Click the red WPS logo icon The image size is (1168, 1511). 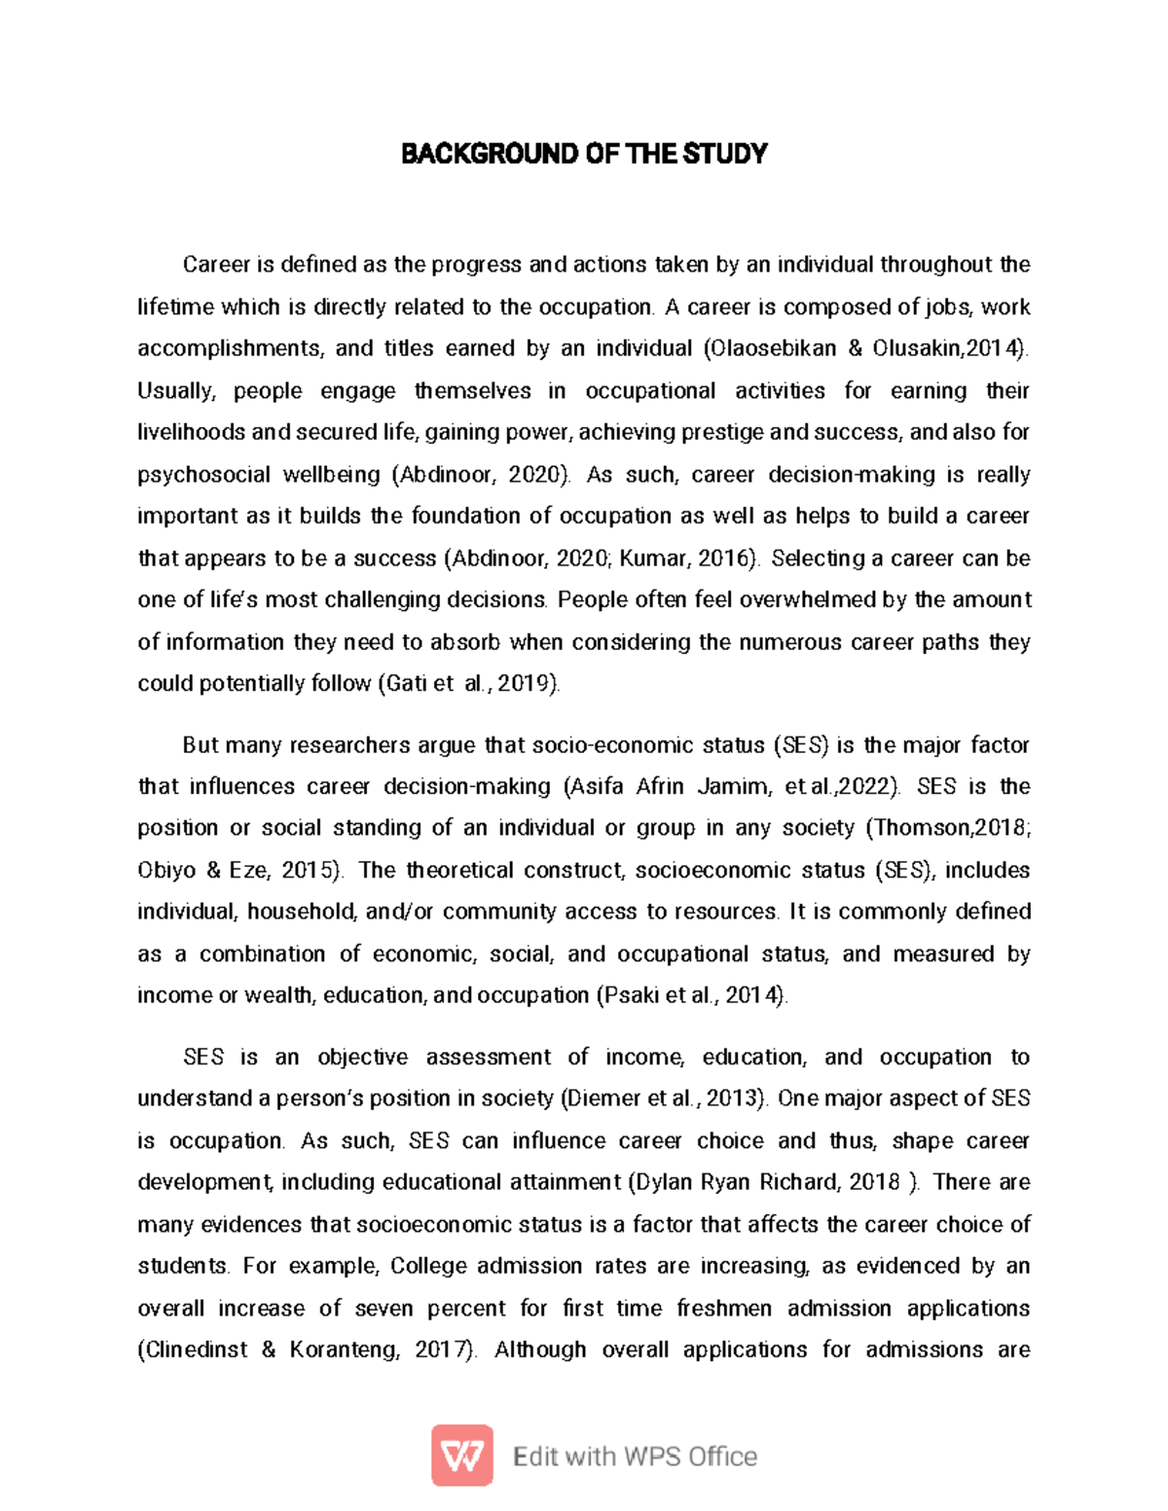[x=462, y=1456]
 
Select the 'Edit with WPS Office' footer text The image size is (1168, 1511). [x=635, y=1457]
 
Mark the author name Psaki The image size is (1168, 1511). [x=628, y=995]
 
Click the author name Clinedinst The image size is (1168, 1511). [x=193, y=1349]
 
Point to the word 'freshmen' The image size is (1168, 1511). [x=724, y=1308]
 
